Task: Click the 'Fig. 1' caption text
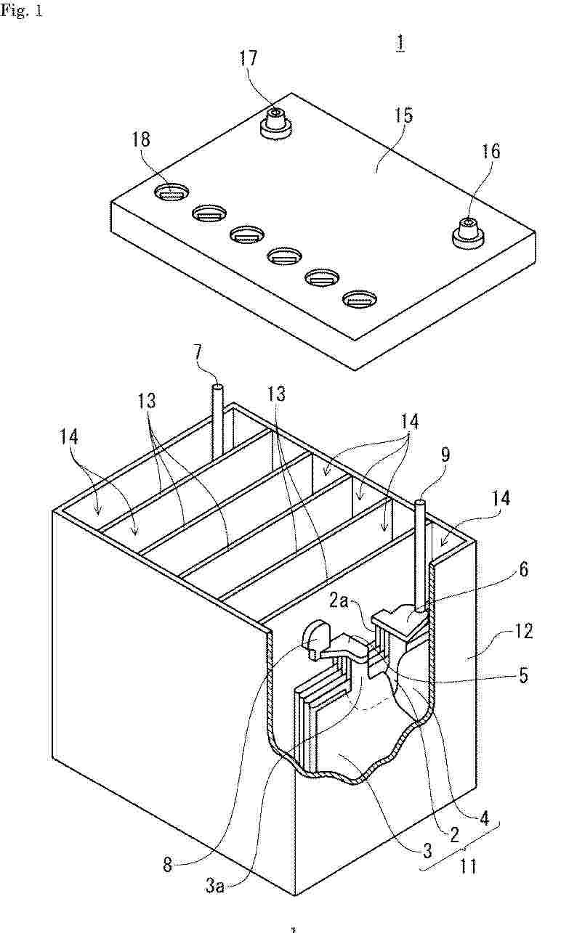(x=21, y=10)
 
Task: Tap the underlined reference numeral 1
(x=400, y=44)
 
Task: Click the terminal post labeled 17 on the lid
(x=275, y=123)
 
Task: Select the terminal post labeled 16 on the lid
(x=468, y=233)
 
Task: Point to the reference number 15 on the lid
(x=403, y=115)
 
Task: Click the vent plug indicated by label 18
(x=171, y=193)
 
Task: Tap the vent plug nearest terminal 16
(x=359, y=299)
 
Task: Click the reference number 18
(x=141, y=139)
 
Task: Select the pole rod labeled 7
(x=217, y=423)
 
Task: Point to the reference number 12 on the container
(x=522, y=632)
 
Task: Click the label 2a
(x=339, y=601)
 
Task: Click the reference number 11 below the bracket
(x=468, y=866)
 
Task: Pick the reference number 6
(x=523, y=569)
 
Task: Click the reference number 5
(x=523, y=675)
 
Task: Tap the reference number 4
(x=484, y=818)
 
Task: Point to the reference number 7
(x=197, y=353)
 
